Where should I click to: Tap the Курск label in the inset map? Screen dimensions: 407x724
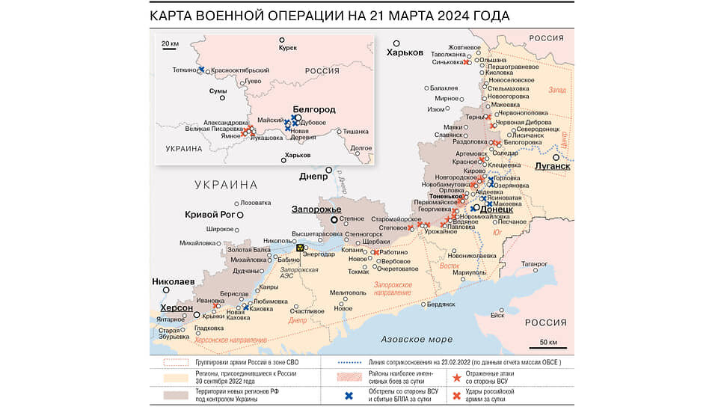pos(288,48)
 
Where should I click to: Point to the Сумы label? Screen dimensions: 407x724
pos(218,91)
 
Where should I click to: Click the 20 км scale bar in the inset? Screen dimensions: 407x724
pos(170,45)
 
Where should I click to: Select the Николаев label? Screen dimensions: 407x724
pos(174,282)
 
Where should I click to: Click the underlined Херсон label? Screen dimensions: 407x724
pos(177,308)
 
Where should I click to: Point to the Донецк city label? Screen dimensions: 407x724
pos(496,210)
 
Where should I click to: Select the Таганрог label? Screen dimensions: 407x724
pos(535,263)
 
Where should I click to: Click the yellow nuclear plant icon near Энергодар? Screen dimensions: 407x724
pos(300,248)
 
